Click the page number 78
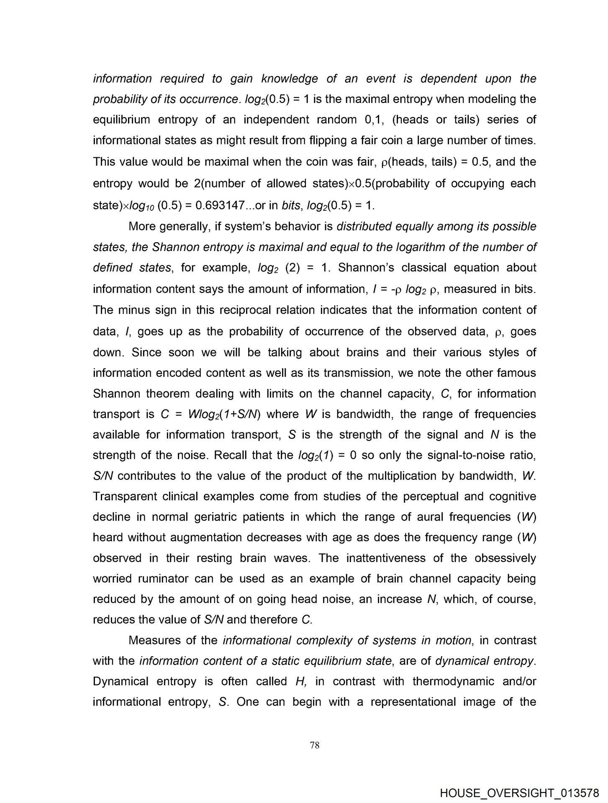tap(315, 745)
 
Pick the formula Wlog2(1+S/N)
tap(224, 414)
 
